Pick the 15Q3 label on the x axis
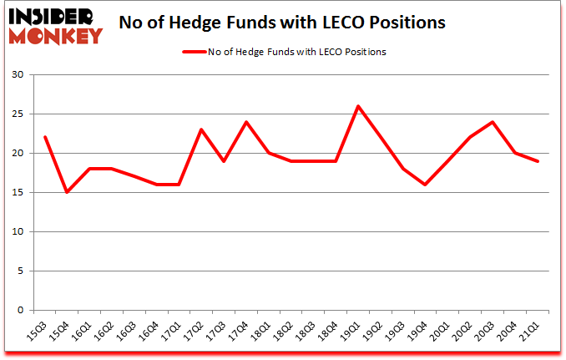coord(38,332)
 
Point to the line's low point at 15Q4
coord(67,192)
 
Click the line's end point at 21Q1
coord(538,161)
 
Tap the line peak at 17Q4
coord(246,122)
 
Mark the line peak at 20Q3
coord(493,122)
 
